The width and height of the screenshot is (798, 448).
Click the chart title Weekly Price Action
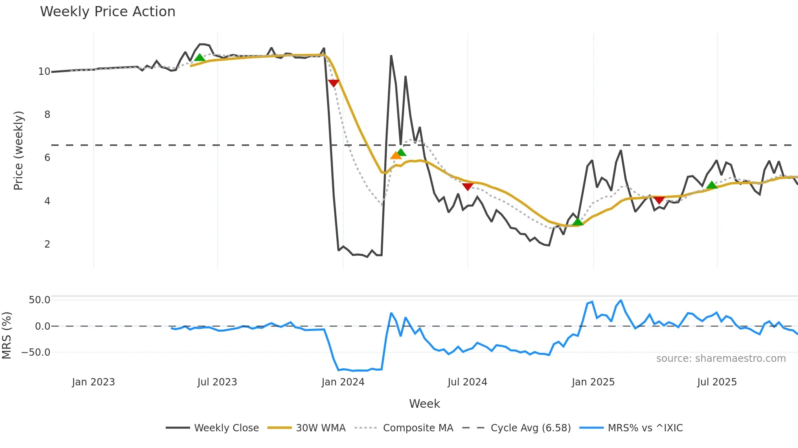[x=107, y=12]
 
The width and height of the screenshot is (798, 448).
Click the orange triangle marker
[x=395, y=155]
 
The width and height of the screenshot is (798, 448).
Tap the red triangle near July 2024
[x=468, y=187]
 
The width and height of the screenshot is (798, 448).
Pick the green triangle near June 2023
[x=199, y=58]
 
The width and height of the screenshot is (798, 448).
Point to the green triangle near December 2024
[x=577, y=222]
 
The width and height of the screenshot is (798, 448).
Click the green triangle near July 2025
[x=711, y=185]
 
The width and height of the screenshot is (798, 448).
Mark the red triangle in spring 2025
[x=659, y=200]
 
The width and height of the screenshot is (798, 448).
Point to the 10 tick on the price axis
[x=44, y=72]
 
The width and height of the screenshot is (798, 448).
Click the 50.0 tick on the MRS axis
[x=39, y=300]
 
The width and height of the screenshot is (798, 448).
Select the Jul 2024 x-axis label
[x=467, y=382]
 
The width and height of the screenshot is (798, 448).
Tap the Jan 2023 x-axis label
[x=93, y=382]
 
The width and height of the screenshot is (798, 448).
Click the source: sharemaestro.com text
[x=721, y=359]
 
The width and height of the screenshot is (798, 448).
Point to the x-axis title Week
[x=424, y=404]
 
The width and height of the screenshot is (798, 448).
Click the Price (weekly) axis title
[x=18, y=150]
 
